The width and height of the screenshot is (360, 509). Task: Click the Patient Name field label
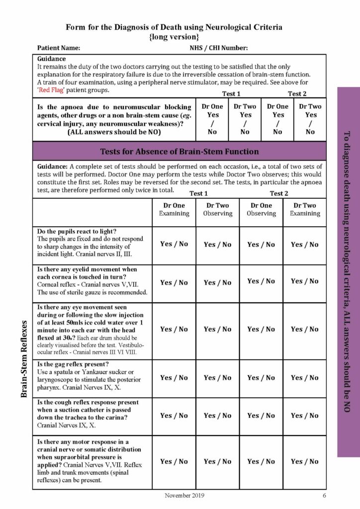point(59,48)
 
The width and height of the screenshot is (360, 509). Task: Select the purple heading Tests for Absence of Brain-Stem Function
point(180,151)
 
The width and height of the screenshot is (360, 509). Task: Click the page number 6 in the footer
point(324,495)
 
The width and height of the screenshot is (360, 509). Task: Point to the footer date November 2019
point(184,495)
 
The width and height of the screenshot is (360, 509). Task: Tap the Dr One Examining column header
point(174,209)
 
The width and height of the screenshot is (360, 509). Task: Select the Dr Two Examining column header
point(305,209)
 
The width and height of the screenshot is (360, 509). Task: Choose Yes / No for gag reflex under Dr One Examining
point(174,378)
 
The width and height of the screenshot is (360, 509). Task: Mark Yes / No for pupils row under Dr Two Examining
point(305,244)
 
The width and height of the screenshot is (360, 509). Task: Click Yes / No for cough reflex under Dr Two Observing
point(217,416)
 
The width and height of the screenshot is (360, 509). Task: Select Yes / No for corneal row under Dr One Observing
point(261,281)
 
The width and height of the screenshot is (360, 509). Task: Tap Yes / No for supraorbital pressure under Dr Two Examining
point(305,461)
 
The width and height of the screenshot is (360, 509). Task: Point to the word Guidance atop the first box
point(52,58)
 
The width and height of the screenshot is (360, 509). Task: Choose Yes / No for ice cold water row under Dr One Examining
point(174,329)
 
